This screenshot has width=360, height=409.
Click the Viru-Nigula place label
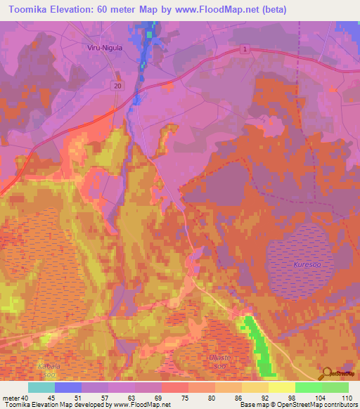click(104, 48)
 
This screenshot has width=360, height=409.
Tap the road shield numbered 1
click(244, 48)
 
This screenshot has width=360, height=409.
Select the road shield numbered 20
click(117, 84)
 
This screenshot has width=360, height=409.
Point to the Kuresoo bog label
click(304, 264)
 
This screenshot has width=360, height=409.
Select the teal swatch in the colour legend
click(41, 387)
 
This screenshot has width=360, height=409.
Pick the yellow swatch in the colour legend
click(281, 387)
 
